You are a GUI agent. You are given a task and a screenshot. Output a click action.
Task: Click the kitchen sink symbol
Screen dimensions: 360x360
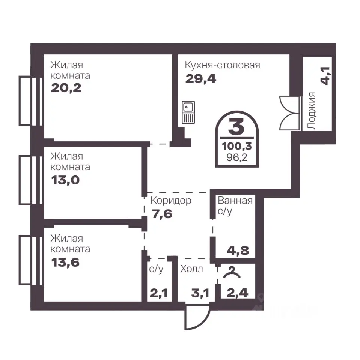click(x=188, y=112)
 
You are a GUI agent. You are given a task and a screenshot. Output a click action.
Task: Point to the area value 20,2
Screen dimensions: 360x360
click(x=66, y=88)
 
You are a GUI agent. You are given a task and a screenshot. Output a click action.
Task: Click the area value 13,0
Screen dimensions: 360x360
click(x=65, y=180)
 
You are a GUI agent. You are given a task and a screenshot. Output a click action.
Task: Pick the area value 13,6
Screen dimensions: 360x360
click(x=65, y=262)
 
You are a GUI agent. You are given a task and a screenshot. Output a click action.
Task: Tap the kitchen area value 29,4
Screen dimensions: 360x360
click(x=201, y=79)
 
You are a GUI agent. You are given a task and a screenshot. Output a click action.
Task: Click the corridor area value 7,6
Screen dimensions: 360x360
click(x=162, y=214)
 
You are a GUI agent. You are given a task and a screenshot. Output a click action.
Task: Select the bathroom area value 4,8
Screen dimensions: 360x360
click(x=238, y=250)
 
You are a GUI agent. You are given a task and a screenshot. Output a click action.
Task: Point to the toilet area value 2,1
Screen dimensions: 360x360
click(x=159, y=293)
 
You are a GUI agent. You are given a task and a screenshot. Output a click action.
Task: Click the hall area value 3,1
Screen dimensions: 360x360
click(x=200, y=293)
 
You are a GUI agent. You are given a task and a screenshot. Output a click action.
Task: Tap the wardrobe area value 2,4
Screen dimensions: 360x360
click(x=237, y=293)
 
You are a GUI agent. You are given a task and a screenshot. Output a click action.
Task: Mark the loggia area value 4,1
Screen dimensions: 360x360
click(x=325, y=76)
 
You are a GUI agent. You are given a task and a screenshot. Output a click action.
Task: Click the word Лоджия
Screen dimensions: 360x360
click(x=311, y=111)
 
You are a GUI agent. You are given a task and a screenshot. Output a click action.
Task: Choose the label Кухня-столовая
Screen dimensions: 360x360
click(x=222, y=65)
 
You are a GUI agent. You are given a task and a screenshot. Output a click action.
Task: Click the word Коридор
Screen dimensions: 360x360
click(x=171, y=201)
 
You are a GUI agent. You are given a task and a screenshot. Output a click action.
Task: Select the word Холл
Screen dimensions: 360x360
click(x=191, y=268)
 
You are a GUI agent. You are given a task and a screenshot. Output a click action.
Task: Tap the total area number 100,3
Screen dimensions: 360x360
click(x=237, y=146)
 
